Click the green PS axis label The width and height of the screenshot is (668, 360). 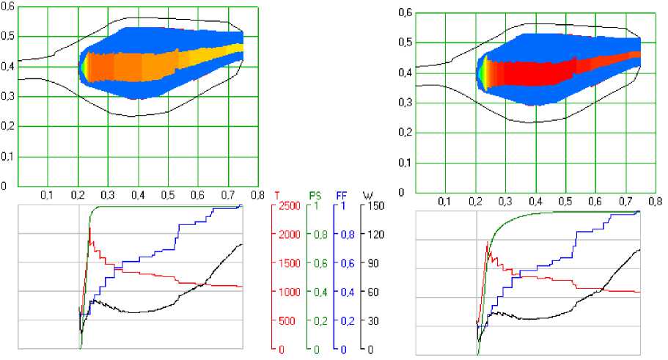(315, 196)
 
